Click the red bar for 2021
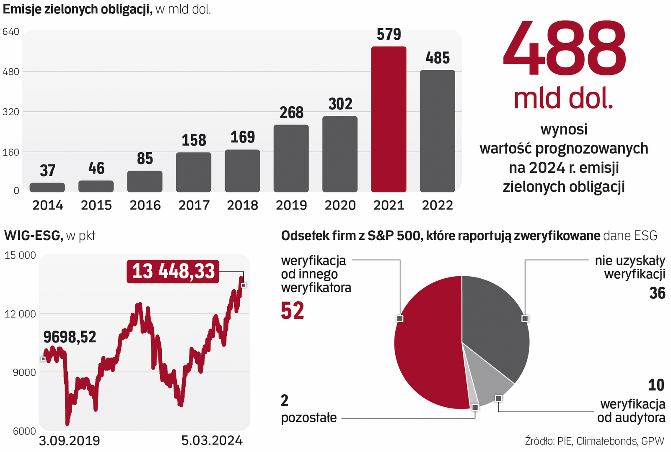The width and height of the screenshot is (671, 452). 389,119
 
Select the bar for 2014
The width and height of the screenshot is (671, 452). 47,187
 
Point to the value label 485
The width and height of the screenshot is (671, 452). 438,58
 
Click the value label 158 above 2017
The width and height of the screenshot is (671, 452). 194,140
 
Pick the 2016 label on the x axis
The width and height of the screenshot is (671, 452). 145,205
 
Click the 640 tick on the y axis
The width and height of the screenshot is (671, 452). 11,32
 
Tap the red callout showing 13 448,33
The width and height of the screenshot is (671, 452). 173,272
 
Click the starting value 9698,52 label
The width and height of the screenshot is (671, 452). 70,337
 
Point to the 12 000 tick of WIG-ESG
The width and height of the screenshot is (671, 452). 20,313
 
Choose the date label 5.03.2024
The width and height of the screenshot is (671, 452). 212,440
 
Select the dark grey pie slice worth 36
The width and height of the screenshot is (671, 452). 495,322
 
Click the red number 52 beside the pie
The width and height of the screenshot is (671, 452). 293,311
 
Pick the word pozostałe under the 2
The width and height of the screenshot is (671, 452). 309,418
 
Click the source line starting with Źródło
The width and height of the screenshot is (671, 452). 594,441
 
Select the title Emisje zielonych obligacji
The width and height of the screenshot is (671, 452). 78,9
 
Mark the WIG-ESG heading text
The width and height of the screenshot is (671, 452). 33,236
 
